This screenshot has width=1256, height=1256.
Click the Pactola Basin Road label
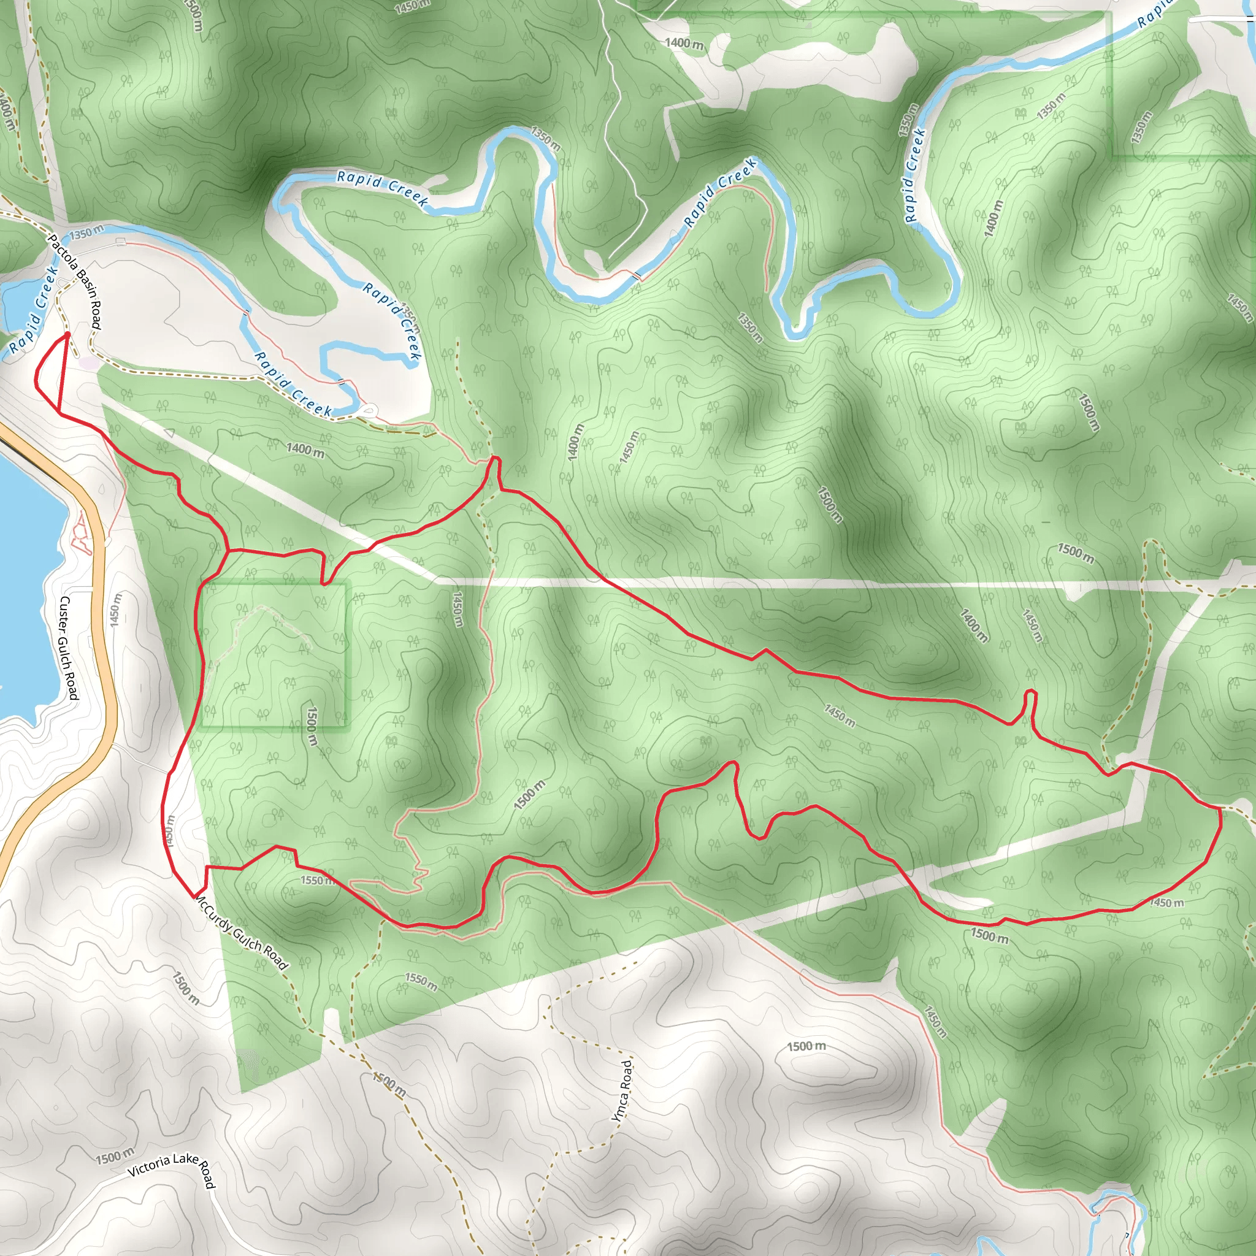point(75,281)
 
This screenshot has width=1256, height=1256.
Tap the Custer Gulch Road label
point(69,648)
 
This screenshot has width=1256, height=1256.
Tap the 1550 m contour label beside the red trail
point(318,880)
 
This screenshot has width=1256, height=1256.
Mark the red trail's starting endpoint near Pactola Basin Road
point(67,335)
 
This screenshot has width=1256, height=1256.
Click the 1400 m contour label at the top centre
point(684,44)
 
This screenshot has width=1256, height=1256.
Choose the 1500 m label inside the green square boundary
point(312,726)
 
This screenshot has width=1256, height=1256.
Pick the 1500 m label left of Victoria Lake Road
point(115,1157)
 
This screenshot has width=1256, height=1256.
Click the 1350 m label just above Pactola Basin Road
point(86,232)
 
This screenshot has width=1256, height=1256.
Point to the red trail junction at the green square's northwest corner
point(227,551)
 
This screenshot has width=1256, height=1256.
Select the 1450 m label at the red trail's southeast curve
point(1166,903)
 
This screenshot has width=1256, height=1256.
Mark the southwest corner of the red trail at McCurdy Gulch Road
point(195,895)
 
